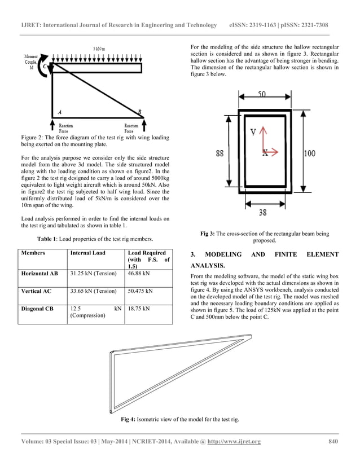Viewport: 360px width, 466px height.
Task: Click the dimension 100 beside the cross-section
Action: click(310, 153)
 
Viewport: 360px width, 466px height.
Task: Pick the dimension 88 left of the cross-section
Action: click(222, 152)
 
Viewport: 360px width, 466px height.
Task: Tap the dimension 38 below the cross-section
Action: click(263, 213)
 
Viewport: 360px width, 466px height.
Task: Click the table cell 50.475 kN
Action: click(141, 292)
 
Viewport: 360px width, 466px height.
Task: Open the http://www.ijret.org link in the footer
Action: click(231, 441)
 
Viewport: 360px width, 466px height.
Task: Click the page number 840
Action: click(333, 441)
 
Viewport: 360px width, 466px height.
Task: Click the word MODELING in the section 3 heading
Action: click(225, 254)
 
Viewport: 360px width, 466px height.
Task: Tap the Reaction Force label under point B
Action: click(131, 129)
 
